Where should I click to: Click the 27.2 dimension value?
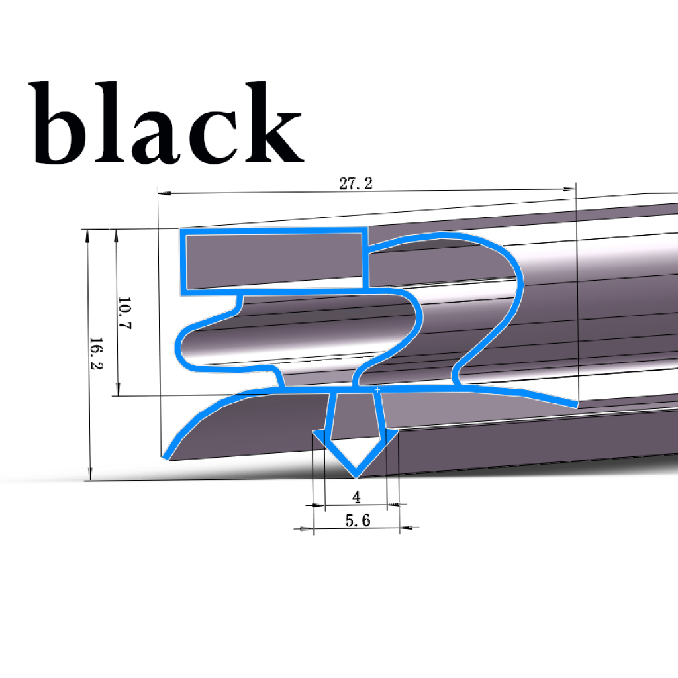[356, 184]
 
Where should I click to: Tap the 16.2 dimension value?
[97, 354]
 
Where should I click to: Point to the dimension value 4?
[356, 497]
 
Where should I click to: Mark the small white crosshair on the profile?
[377, 391]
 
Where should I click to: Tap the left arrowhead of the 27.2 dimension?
[166, 193]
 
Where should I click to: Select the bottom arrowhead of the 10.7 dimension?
[119, 390]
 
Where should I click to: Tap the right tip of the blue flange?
[575, 403]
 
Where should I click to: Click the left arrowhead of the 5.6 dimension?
[305, 529]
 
